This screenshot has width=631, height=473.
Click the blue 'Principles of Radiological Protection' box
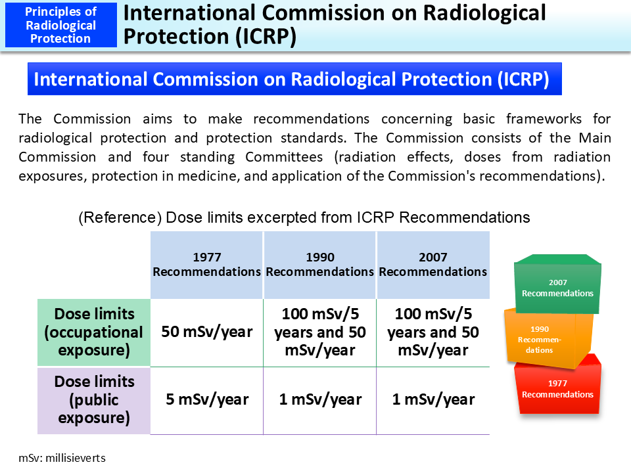61,25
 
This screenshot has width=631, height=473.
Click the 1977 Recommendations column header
207,265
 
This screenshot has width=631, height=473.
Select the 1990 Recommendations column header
320,265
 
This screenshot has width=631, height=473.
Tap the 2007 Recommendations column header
433,265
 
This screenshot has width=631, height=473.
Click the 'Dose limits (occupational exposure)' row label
94,332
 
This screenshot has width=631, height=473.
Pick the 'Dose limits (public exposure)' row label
94,400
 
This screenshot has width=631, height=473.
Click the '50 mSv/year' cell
207,332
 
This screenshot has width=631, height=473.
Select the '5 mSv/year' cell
207,399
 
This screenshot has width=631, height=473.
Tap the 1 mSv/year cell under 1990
320,399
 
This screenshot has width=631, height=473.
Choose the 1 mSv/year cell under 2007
433,399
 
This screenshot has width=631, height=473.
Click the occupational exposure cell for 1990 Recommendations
320,332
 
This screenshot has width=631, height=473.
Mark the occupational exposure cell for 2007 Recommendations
433,332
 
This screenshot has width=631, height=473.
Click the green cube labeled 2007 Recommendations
557,288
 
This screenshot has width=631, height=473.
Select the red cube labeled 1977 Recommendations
557,389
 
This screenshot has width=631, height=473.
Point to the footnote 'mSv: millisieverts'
62,457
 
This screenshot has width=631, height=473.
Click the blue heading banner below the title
294,79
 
